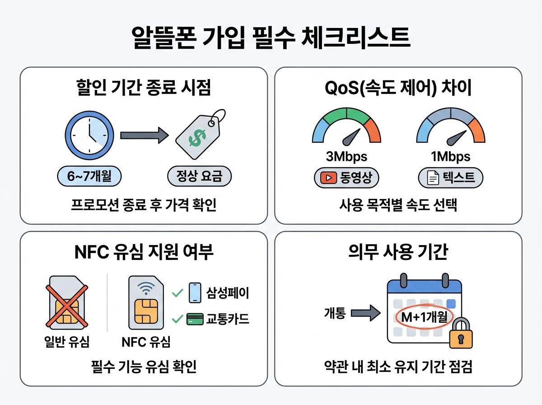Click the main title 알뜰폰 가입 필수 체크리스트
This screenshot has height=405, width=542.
point(271,38)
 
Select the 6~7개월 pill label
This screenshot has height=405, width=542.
point(90,177)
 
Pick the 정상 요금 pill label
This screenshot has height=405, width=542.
point(199,177)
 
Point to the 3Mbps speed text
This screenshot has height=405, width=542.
point(346,157)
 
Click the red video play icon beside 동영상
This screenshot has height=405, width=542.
point(327,178)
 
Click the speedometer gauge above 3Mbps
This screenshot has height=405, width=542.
point(346,129)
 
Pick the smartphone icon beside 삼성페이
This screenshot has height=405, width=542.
point(194,292)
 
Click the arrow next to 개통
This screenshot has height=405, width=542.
point(365,313)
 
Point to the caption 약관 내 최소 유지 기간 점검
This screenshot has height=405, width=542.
point(398,367)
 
